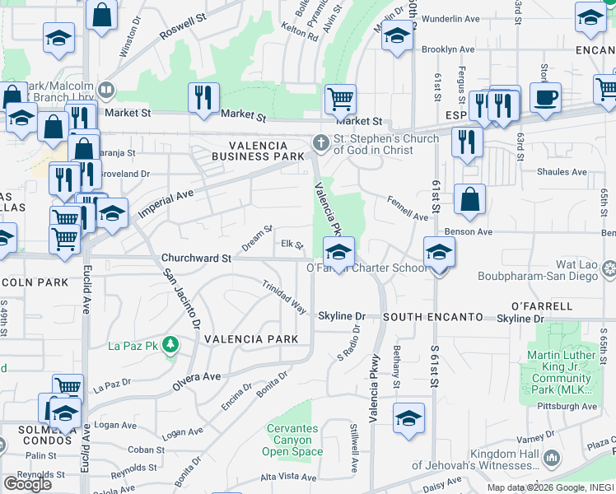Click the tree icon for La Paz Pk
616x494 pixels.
pyautogui.click(x=170, y=343)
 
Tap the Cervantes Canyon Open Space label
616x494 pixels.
pyautogui.click(x=292, y=440)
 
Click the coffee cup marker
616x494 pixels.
pyautogui.click(x=545, y=98)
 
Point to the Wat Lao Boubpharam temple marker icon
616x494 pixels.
pyautogui.click(x=609, y=268)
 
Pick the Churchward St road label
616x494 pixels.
pyautogui.click(x=196, y=258)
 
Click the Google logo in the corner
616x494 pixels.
pyautogui.click(x=27, y=484)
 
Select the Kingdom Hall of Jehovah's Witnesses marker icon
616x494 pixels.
pyautogui.click(x=553, y=457)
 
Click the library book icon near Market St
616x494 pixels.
pyautogui.click(x=105, y=90)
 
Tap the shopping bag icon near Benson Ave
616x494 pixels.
pyautogui.click(x=469, y=199)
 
